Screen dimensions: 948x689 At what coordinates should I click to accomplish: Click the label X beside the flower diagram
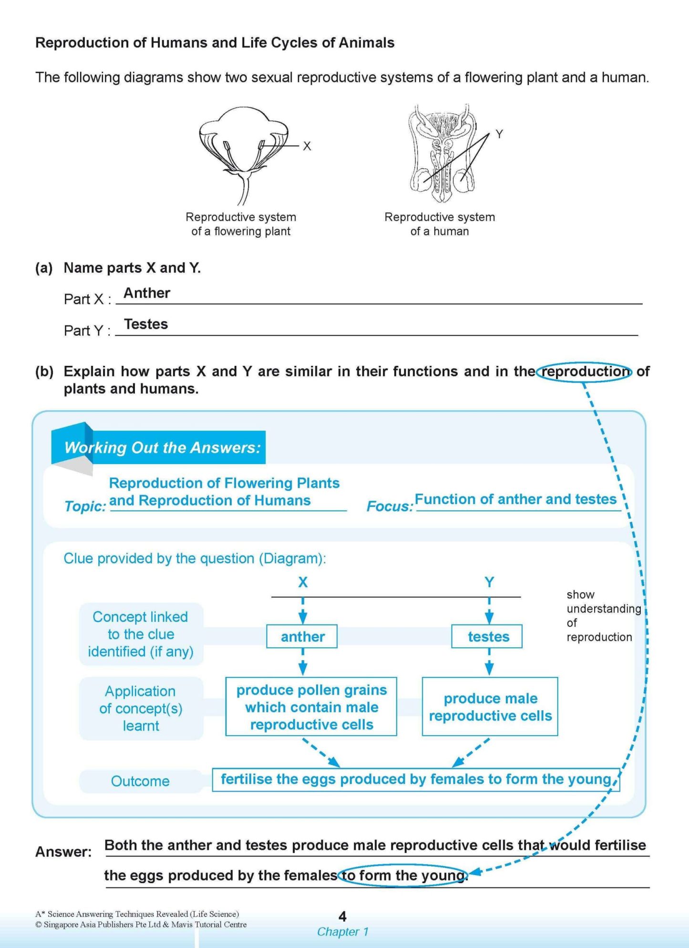pos(307,146)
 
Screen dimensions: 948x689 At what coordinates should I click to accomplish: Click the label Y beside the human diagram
pos(499,134)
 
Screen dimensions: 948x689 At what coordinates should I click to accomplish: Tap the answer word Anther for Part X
pos(147,293)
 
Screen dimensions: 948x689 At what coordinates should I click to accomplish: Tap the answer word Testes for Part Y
pos(146,324)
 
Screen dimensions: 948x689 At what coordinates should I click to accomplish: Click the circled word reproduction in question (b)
pos(585,372)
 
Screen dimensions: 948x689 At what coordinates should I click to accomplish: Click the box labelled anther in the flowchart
pos(302,636)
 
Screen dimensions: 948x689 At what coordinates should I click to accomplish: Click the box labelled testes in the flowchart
pos(487,636)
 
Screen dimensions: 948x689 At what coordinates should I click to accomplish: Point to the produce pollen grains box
pos(311,707)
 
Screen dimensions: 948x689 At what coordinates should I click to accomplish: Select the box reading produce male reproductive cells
pos(490,707)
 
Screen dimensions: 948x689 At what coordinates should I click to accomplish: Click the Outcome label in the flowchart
pos(140,781)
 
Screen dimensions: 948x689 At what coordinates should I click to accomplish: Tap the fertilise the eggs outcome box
pos(416,779)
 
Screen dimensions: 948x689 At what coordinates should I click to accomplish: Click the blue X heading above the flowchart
pos(303,582)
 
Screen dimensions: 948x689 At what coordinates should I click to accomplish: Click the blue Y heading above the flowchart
pos(489,582)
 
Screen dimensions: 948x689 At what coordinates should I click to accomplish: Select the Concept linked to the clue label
pos(141,634)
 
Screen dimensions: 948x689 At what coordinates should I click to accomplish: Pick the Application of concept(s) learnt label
pos(141,708)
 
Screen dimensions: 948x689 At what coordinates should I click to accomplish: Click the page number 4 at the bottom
pos(342,916)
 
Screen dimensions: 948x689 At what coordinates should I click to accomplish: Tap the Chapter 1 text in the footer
pos(342,932)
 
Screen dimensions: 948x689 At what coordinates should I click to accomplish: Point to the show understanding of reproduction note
pos(602,616)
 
